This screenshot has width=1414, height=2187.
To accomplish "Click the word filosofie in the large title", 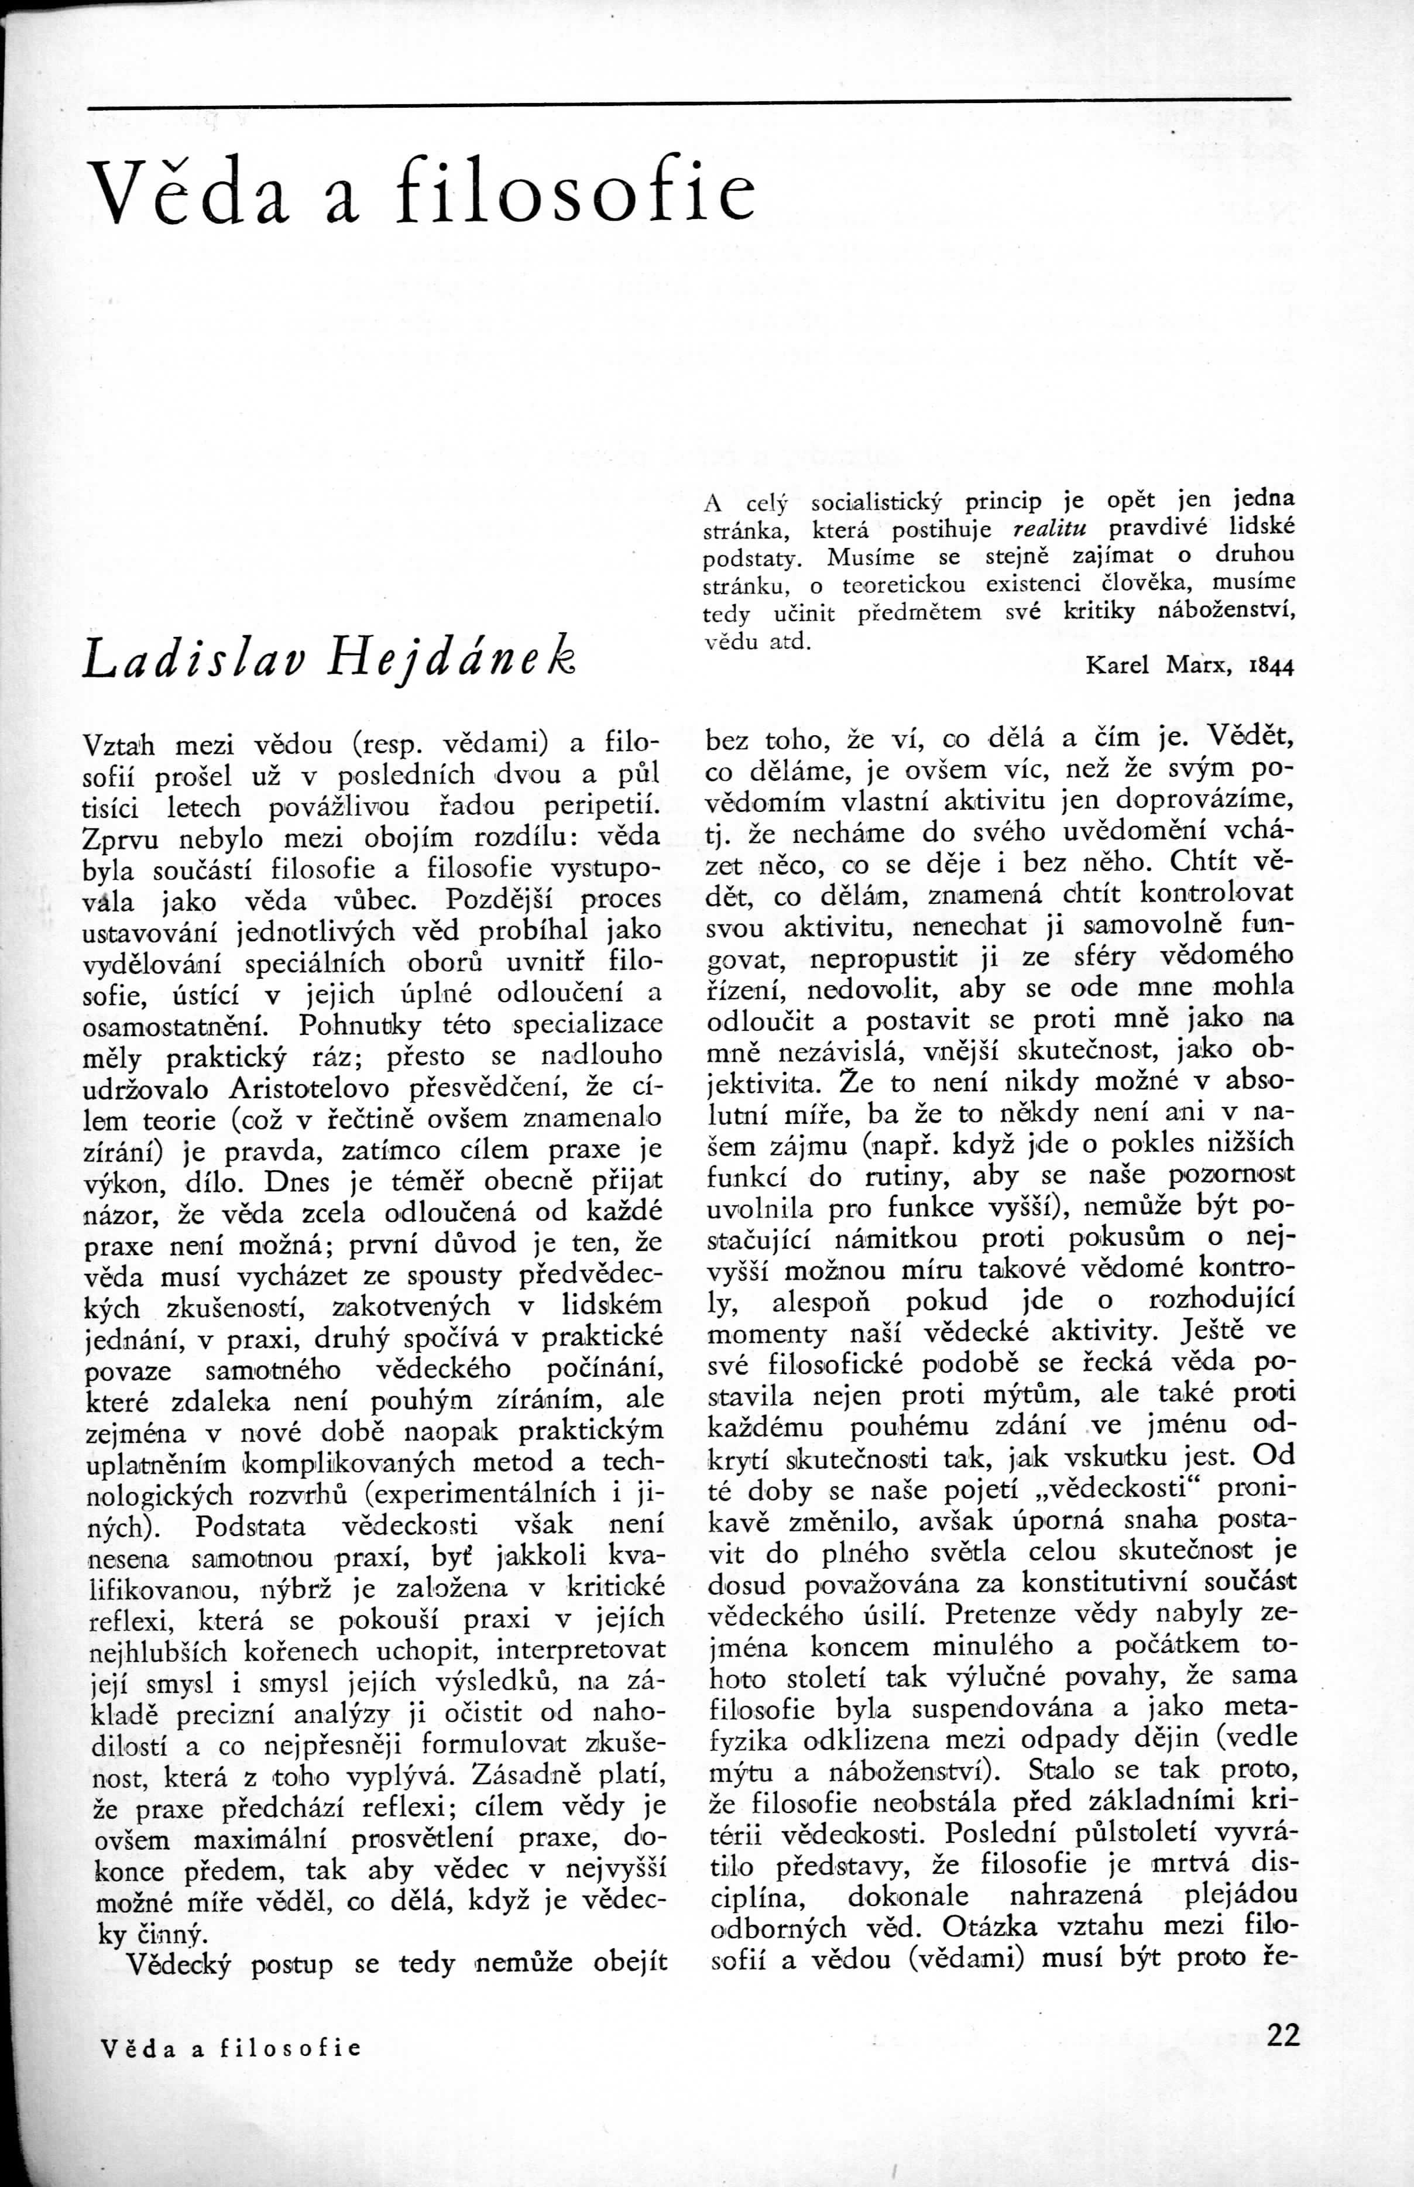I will point(575,188).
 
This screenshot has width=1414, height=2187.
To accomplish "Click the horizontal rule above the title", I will point(689,100).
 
